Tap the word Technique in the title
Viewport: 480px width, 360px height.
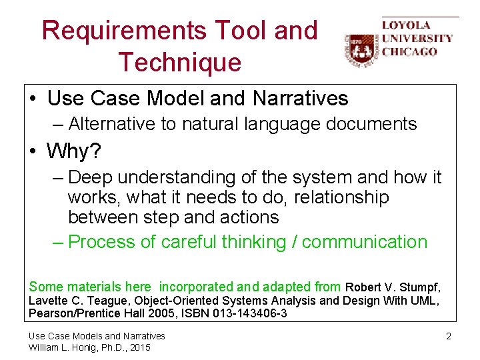pos(179,62)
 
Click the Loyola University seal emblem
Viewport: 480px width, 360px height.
pos(361,49)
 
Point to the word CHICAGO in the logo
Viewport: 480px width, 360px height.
pos(409,51)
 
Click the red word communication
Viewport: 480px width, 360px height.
pos(364,241)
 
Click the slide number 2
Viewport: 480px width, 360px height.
pos(449,336)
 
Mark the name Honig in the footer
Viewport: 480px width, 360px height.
pos(83,347)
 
